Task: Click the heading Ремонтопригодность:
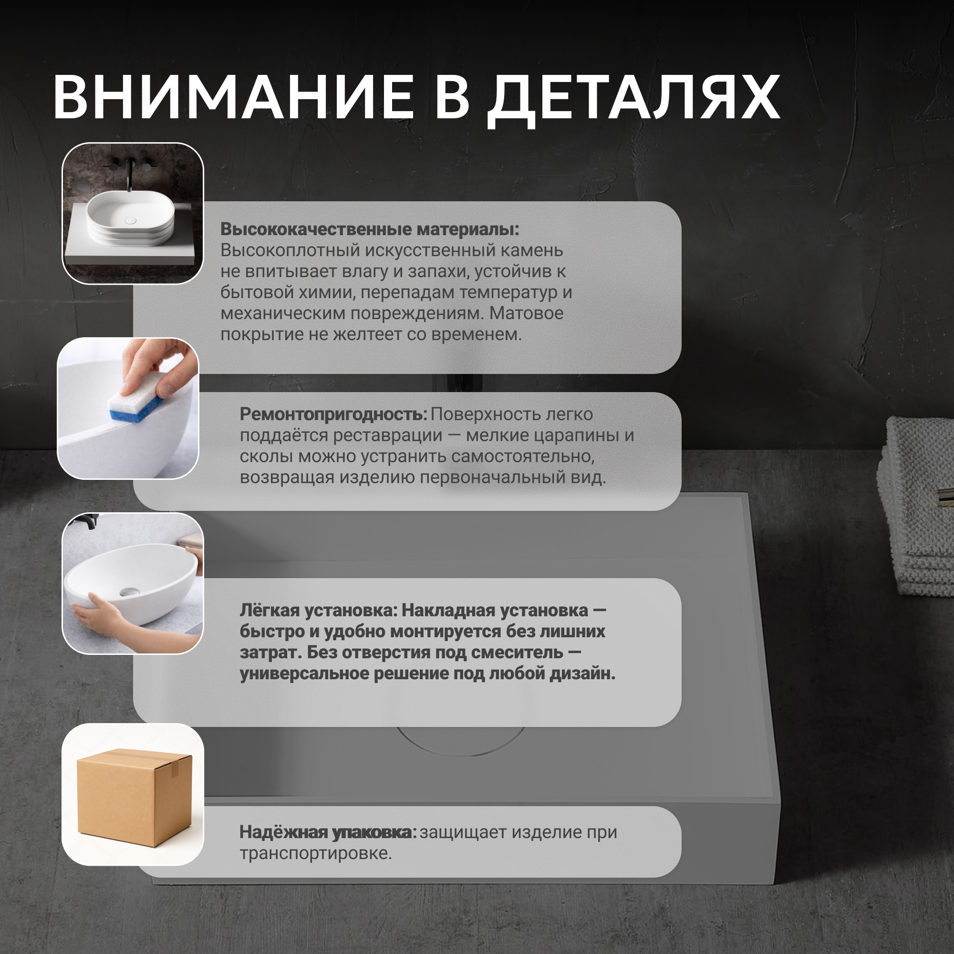pyautogui.click(x=333, y=415)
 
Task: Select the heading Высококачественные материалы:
pyautogui.click(x=370, y=229)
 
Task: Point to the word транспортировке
pyautogui.click(x=315, y=853)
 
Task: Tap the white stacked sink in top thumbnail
pyautogui.click(x=130, y=218)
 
